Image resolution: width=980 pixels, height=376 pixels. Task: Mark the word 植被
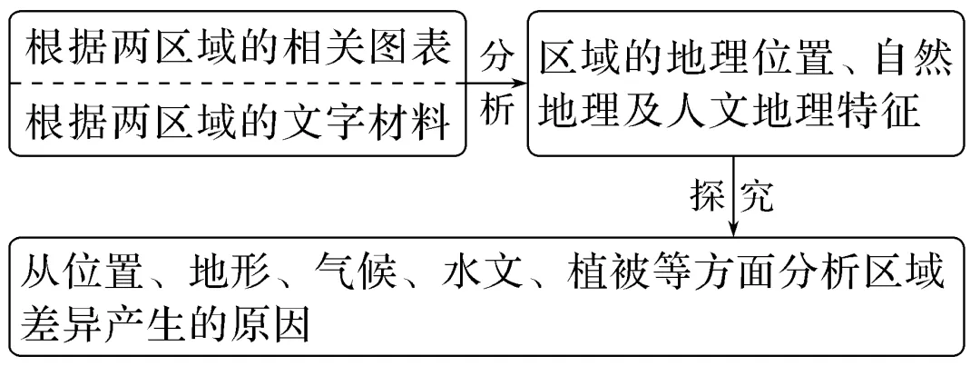coord(613,272)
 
